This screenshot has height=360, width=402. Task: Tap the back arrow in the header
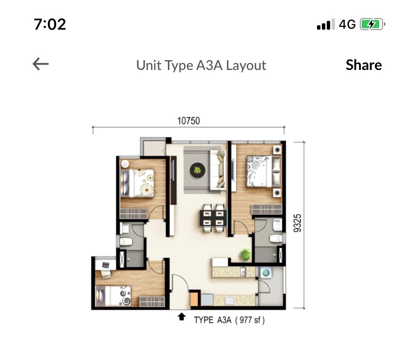[40, 64]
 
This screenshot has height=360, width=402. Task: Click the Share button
[364, 65]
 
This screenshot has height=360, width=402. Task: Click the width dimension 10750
[189, 121]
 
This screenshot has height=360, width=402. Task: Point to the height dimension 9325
[298, 223]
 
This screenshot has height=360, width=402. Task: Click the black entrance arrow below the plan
[182, 317]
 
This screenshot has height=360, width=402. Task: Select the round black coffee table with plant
[198, 170]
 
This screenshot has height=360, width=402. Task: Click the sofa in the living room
[218, 170]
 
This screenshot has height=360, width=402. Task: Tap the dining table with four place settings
[213, 218]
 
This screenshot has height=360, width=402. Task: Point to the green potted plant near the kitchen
[245, 255]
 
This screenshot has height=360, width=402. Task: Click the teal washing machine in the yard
[266, 273]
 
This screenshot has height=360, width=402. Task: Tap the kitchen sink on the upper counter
[243, 272]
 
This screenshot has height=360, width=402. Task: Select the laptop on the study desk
[106, 265]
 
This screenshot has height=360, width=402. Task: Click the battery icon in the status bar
[372, 24]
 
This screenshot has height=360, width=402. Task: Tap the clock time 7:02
[50, 24]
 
